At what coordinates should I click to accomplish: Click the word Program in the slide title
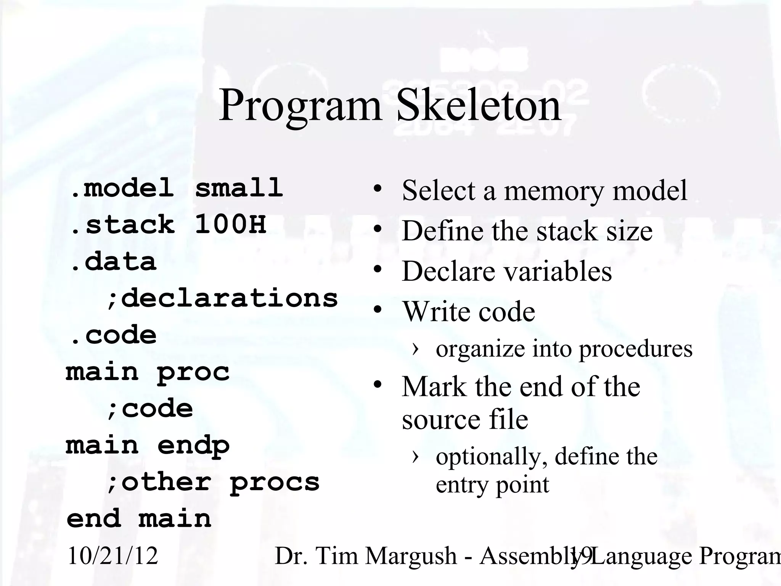click(x=300, y=106)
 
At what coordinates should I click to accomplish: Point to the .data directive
click(x=113, y=261)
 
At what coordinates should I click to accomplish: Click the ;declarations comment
click(x=222, y=298)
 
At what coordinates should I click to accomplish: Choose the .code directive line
click(x=113, y=335)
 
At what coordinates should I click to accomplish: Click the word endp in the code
click(x=193, y=445)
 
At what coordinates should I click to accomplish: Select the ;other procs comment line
click(x=213, y=482)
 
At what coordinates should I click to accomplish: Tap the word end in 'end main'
click(x=94, y=518)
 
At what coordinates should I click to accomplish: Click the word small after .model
click(x=239, y=188)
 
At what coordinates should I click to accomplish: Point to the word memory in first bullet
click(x=554, y=190)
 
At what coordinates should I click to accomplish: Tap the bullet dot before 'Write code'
click(x=378, y=310)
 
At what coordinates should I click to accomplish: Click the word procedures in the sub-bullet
click(x=635, y=348)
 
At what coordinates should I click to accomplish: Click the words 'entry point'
click(x=492, y=485)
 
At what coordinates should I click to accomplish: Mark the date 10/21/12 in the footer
click(x=112, y=555)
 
